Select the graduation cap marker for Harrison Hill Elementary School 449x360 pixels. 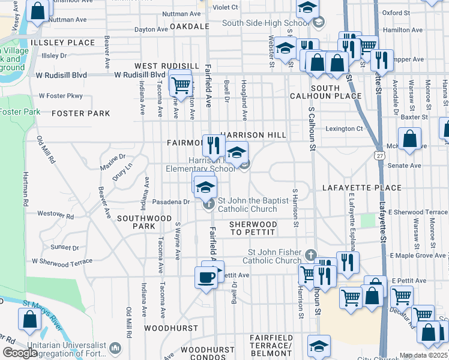click(237, 152)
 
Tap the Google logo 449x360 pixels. click(20, 353)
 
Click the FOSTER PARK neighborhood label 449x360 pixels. click(80, 113)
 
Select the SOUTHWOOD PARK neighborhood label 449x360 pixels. click(136, 222)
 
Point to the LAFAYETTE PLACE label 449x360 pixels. click(362, 188)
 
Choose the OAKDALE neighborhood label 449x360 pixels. click(189, 26)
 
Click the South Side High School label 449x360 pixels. click(265, 23)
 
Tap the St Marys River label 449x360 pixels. click(42, 316)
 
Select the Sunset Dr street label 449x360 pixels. click(65, 247)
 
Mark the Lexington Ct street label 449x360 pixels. click(344, 128)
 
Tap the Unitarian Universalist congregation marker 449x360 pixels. click(116, 347)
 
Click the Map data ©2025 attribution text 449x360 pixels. click(423, 355)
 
